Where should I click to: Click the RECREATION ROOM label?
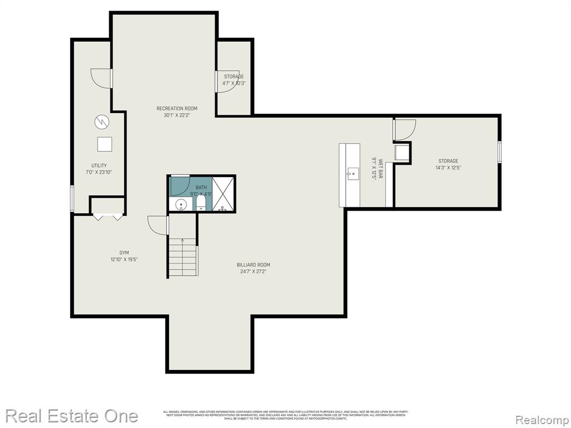(x=177, y=109)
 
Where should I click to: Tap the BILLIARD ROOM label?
(x=253, y=265)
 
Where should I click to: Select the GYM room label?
(x=124, y=252)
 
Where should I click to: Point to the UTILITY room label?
(x=99, y=166)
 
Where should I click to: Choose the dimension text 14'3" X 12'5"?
(x=448, y=168)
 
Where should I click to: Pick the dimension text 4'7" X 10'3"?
(x=234, y=83)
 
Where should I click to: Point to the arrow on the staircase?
(x=182, y=242)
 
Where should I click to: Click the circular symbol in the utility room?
(x=101, y=121)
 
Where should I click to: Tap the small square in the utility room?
(x=105, y=144)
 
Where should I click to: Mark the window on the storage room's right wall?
(x=499, y=152)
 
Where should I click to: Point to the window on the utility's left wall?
(x=72, y=198)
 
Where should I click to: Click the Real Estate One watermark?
(x=71, y=416)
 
